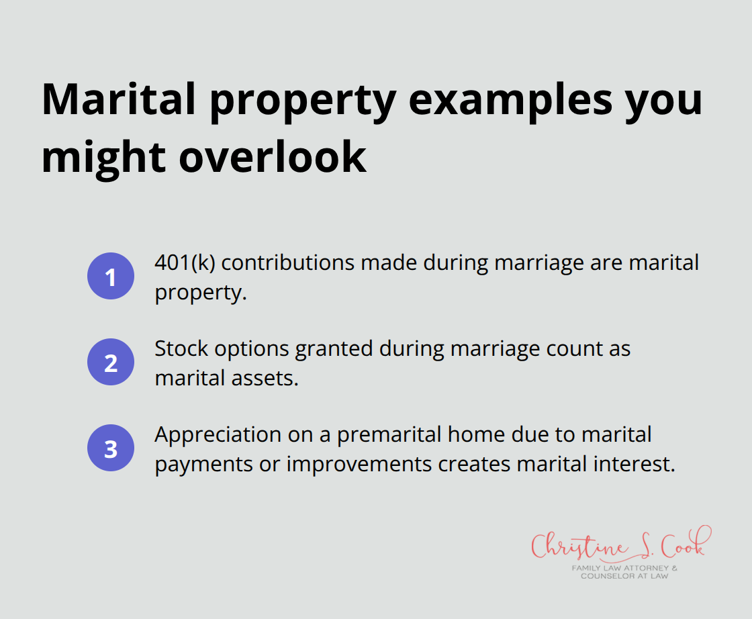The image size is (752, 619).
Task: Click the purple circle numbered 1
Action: click(x=111, y=277)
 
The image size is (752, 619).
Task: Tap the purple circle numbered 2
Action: click(x=111, y=363)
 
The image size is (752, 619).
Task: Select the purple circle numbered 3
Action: click(x=111, y=448)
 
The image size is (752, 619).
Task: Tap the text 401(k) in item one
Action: click(x=184, y=263)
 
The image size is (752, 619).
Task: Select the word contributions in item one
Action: click(x=289, y=263)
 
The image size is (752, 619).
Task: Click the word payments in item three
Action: click(x=195, y=465)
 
